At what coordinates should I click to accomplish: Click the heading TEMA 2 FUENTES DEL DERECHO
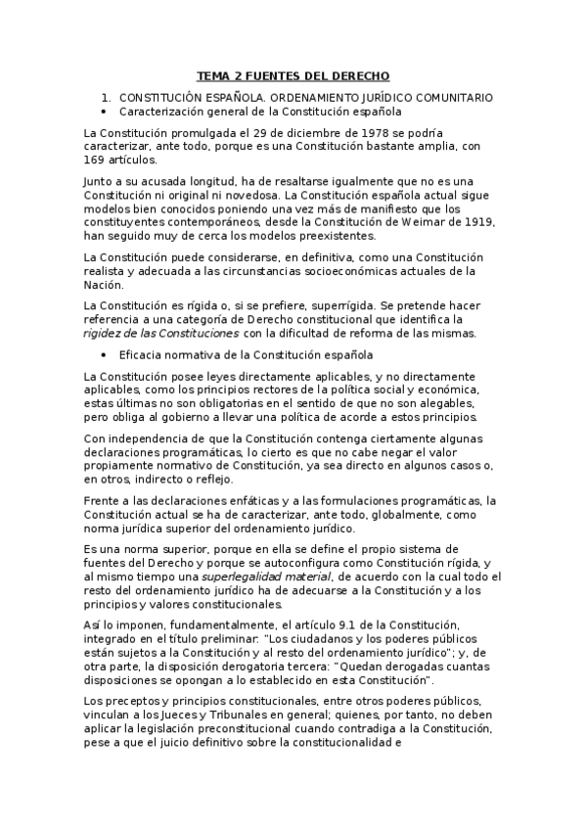(x=293, y=75)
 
